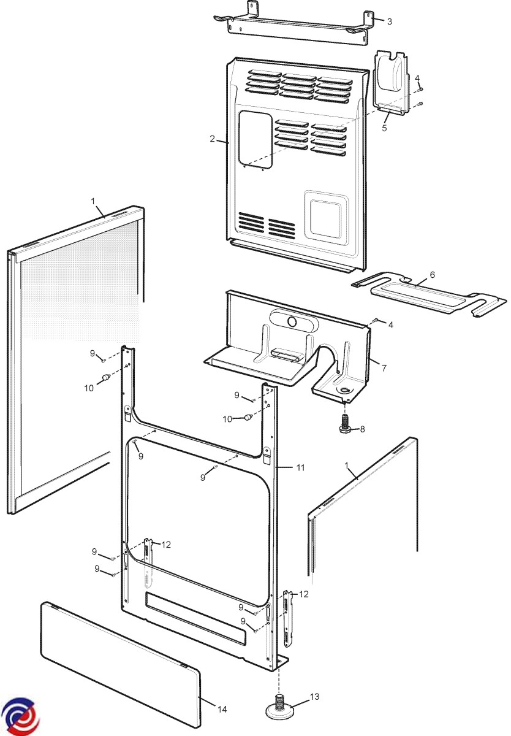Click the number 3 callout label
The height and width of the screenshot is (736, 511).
tap(389, 21)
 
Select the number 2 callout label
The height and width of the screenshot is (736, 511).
tap(212, 139)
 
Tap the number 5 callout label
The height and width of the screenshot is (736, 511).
tap(384, 128)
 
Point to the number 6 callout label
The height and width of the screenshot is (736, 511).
tap(433, 275)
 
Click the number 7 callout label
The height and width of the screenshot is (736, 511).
tap(384, 368)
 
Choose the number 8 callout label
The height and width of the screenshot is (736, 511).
tap(362, 429)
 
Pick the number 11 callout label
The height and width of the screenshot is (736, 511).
tap(300, 467)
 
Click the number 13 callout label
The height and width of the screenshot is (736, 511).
tap(314, 696)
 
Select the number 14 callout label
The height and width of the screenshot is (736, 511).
tap(222, 709)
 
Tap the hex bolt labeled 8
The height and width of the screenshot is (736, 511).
tap(344, 423)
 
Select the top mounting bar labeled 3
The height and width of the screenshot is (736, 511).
tap(300, 28)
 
